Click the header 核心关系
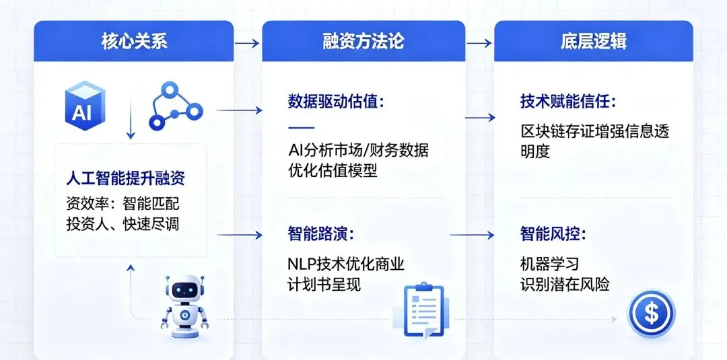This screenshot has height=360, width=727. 134,41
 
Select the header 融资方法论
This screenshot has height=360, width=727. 363,41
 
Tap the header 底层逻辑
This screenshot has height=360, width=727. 593,41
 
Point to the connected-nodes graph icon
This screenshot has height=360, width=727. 174,106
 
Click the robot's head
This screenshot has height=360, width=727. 184,290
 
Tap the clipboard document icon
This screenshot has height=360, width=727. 424,310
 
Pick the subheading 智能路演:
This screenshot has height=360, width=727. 320,234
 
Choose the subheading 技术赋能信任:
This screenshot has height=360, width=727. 567,102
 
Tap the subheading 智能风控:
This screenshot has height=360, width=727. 552,234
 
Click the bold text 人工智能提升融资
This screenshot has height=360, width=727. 125,179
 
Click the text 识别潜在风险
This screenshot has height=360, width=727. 565,284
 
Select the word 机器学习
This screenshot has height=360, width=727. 549,264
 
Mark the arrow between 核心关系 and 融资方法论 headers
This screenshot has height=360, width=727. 247,43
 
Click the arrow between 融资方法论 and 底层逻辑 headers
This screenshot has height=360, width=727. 479,43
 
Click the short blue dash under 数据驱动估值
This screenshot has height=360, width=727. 300,127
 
